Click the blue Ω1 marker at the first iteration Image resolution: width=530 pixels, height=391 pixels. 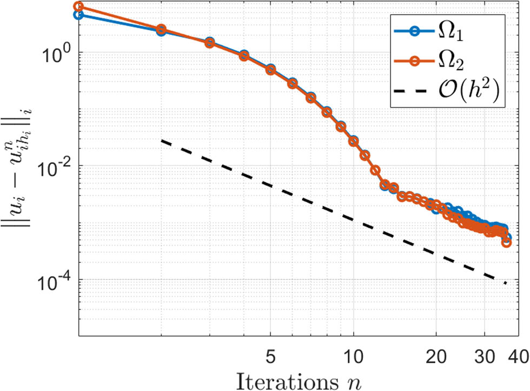pos(79,15)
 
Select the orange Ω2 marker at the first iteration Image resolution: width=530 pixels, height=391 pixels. pos(79,6)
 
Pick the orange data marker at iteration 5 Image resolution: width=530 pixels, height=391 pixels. pos(270,70)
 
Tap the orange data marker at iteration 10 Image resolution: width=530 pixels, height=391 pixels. pos(354,141)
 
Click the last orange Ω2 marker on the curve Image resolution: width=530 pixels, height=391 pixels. pos(507,242)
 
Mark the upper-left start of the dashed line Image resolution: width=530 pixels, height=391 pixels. pos(162,141)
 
